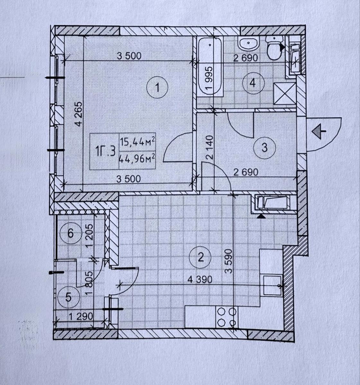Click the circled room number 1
tap(157, 88)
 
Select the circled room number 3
tap(264, 148)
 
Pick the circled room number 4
tap(253, 83)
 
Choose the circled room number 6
tap(70, 233)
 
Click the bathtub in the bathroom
tap(210, 66)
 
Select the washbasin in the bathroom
tap(249, 45)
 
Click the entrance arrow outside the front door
tap(319, 132)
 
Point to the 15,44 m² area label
tap(137, 142)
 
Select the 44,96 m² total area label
tap(137, 159)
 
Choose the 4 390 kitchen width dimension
tap(200, 279)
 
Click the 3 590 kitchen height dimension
tap(229, 261)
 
